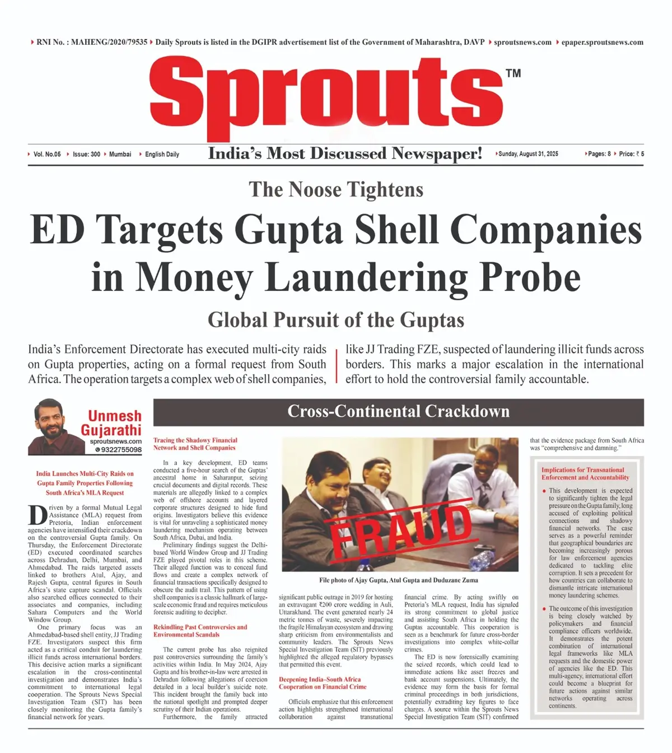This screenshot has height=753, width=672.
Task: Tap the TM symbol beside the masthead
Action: tap(513, 73)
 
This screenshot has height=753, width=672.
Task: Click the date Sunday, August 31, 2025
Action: tap(528, 154)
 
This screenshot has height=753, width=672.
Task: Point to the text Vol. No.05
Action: tap(47, 154)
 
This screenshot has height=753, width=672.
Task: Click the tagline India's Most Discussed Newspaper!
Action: tap(345, 154)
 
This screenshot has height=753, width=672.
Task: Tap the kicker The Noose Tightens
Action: tap(336, 189)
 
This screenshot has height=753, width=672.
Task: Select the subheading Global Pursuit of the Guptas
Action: tap(336, 320)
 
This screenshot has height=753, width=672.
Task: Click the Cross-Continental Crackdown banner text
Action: tap(398, 411)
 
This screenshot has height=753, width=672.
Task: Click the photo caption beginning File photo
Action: tap(398, 580)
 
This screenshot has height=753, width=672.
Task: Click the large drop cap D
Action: tap(37, 515)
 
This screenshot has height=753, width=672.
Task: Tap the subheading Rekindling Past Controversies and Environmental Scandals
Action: tap(200, 631)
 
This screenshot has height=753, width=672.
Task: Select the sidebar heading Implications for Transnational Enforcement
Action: tap(585, 473)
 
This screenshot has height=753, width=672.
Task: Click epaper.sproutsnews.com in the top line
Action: tap(602, 42)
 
